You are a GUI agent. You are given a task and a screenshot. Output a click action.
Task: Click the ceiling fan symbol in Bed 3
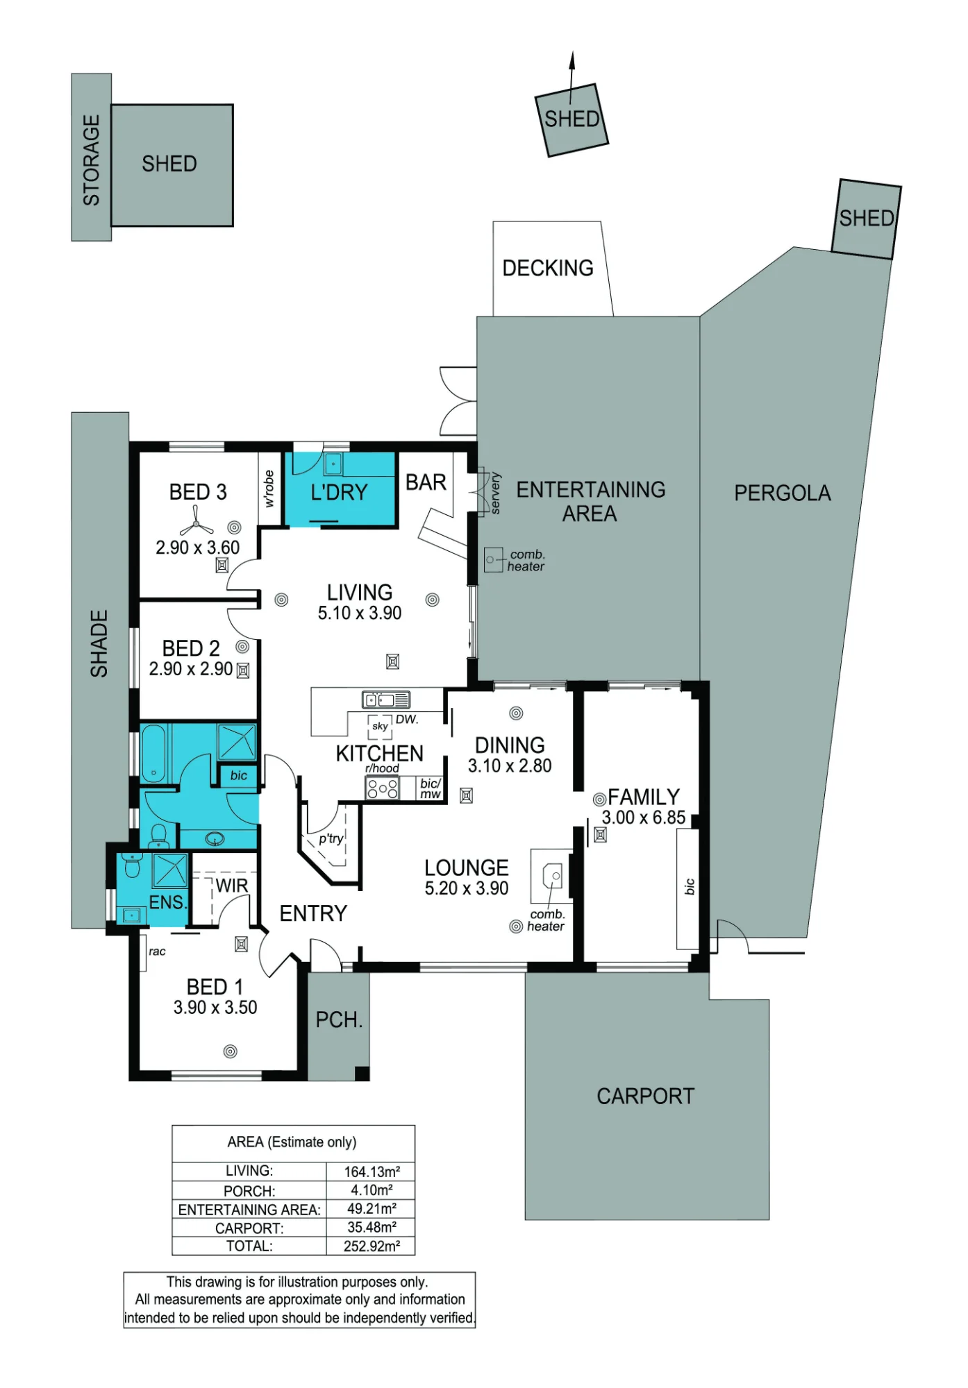coord(197,520)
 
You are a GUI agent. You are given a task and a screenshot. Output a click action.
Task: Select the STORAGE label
coord(92,160)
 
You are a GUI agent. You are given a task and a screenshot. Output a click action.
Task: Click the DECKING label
coord(548,268)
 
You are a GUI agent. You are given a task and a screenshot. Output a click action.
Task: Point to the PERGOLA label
coord(783,493)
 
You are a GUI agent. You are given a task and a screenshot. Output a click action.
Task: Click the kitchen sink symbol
coord(386,700)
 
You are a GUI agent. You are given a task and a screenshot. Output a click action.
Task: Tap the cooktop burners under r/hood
coord(382,788)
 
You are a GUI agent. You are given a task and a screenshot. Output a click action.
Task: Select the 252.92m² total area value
coord(372,1246)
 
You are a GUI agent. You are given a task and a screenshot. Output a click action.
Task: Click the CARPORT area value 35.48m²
coord(372,1228)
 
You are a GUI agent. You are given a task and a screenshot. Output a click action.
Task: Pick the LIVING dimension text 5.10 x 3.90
coord(360,613)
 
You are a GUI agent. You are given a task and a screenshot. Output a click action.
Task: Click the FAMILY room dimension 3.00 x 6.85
coord(644,818)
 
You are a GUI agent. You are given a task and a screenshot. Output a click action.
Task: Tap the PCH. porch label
coord(339,1020)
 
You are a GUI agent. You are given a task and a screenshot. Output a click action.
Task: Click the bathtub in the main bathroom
coord(153,754)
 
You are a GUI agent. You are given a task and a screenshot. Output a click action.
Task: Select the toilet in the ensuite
coord(131,865)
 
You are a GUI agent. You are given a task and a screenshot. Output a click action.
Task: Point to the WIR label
coord(231,886)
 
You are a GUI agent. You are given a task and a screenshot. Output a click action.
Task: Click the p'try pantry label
coord(331,838)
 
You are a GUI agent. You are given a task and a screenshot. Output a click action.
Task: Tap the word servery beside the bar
coord(495,493)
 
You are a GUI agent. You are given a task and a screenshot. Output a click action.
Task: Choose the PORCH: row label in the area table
coord(249,1191)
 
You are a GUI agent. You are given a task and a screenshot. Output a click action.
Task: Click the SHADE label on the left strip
coord(99,644)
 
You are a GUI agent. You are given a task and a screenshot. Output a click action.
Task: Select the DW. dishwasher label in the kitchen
coord(407,720)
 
